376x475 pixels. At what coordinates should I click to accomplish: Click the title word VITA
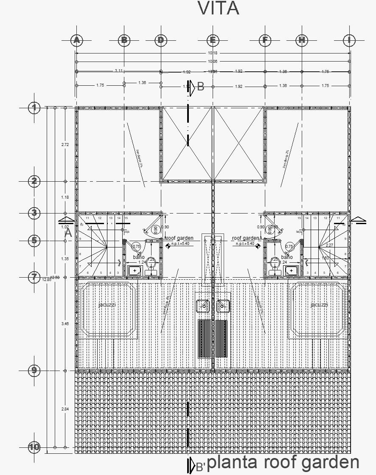click(x=219, y=8)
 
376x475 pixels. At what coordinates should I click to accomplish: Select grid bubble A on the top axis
click(x=76, y=40)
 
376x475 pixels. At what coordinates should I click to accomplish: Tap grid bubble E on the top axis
click(x=213, y=40)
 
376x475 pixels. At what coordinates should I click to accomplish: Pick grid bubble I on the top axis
click(x=349, y=40)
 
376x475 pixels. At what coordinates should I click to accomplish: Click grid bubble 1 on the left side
click(x=34, y=108)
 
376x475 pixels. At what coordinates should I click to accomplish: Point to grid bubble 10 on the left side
click(x=34, y=447)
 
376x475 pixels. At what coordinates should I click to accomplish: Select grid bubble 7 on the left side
click(x=34, y=277)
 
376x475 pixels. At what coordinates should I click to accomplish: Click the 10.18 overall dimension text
click(x=213, y=53)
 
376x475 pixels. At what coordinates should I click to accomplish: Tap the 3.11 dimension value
click(x=119, y=70)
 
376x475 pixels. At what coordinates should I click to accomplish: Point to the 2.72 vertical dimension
click(x=65, y=145)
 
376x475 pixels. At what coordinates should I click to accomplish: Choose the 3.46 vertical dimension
click(x=65, y=324)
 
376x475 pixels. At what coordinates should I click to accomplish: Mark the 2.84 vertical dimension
click(x=65, y=409)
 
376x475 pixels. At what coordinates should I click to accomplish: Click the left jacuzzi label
click(x=107, y=305)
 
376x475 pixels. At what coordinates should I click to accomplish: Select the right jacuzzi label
click(x=319, y=305)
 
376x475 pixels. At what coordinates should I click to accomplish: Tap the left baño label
click(x=138, y=257)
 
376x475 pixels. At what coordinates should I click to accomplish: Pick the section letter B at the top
click(x=201, y=87)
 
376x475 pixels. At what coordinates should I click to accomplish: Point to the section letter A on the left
click(x=68, y=233)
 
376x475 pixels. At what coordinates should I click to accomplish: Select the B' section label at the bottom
click(x=200, y=467)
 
